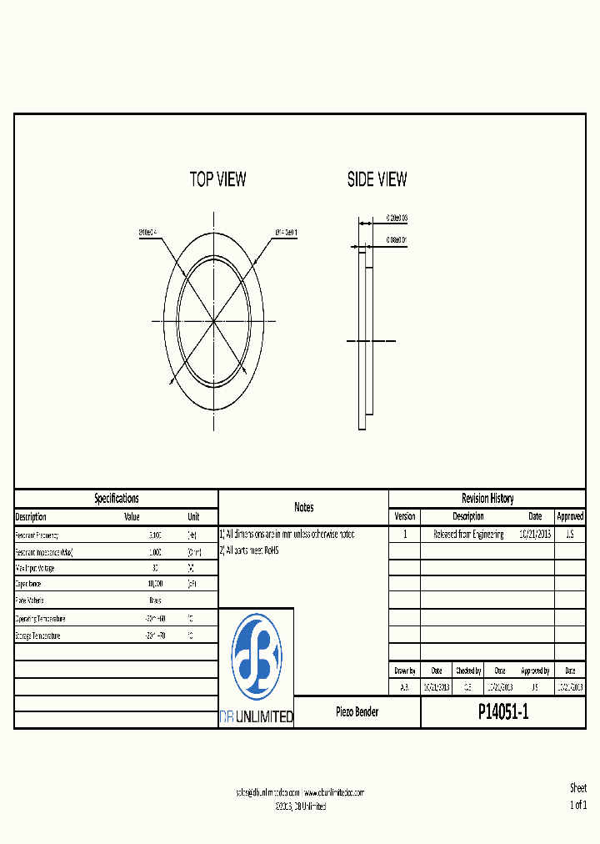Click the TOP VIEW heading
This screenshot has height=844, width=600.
tap(217, 179)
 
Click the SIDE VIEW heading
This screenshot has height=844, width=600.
tap(377, 179)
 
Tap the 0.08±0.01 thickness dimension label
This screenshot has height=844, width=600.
tap(396, 240)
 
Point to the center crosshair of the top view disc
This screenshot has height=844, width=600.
tap(213, 320)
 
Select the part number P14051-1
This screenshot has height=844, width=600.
tap(503, 712)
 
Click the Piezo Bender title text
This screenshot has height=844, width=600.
tap(357, 712)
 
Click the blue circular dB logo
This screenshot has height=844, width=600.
tap(256, 657)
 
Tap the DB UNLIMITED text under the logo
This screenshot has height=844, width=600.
tap(256, 717)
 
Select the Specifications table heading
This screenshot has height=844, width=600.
tap(117, 499)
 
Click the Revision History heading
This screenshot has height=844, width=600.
tap(487, 499)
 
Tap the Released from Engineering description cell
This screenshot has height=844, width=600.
tap(468, 535)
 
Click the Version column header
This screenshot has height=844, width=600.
tap(404, 517)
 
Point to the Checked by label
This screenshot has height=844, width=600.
tap(467, 671)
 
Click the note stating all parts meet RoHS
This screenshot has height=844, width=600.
tap(249, 551)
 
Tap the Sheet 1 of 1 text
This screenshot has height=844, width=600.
tap(577, 796)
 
